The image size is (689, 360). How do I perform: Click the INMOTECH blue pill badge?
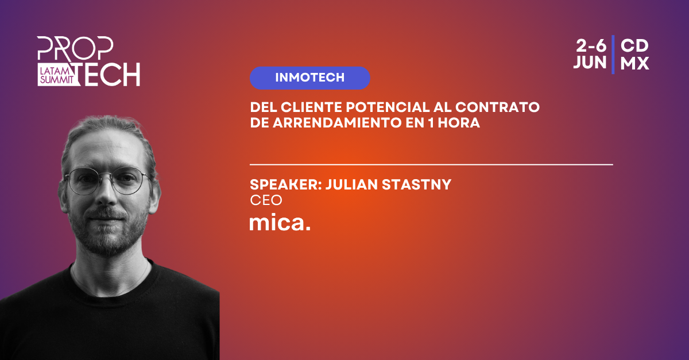coord(309,78)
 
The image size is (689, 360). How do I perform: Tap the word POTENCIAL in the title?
coord(388,107)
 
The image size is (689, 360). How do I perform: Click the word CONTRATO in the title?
coord(497,107)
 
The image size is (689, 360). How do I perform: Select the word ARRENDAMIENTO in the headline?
coord(337,123)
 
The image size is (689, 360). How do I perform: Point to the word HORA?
coord(459,123)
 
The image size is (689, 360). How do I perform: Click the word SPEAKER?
coord(285,185)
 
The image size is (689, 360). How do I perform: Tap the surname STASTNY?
coord(416,185)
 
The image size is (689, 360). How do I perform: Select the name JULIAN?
coord(351,185)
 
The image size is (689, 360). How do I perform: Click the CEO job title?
coord(266,200)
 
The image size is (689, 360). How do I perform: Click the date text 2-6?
coord(591,46)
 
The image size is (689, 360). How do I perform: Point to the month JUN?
coord(590,63)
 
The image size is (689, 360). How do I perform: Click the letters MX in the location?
coord(634,63)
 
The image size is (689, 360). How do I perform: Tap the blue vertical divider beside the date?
coord(613,55)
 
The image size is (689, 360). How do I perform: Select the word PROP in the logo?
coord(75,48)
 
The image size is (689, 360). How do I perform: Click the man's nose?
coord(106,193)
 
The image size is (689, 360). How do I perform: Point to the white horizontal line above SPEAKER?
coord(431,165)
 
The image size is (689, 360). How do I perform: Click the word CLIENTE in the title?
coord(312,107)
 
